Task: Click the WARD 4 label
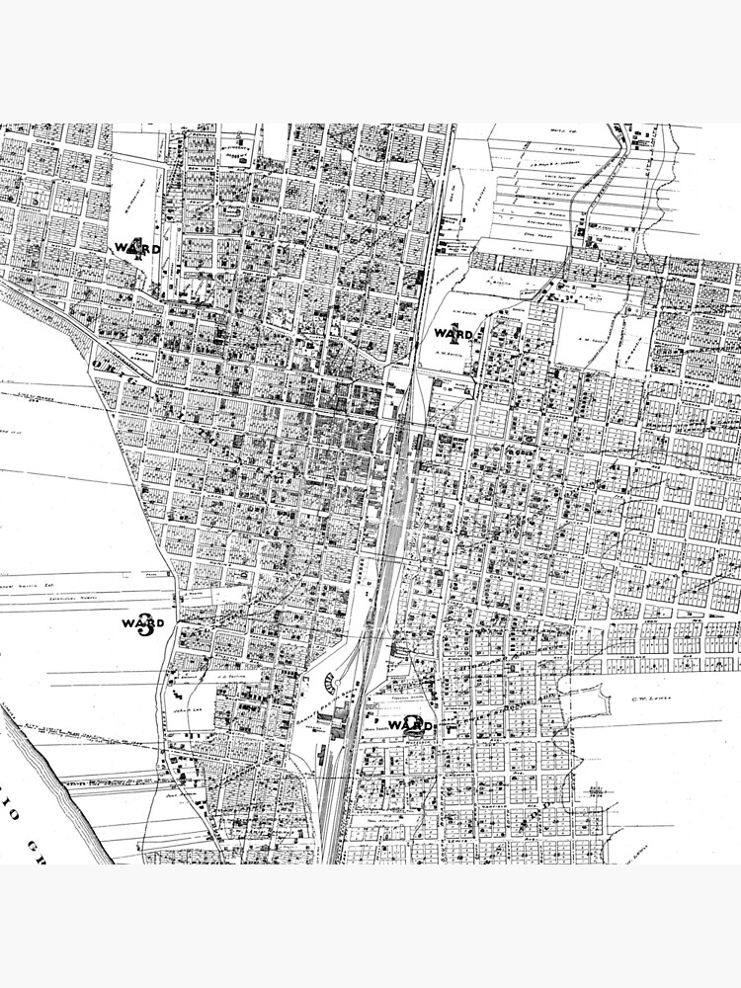click(x=136, y=247)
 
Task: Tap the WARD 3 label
click(x=143, y=624)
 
